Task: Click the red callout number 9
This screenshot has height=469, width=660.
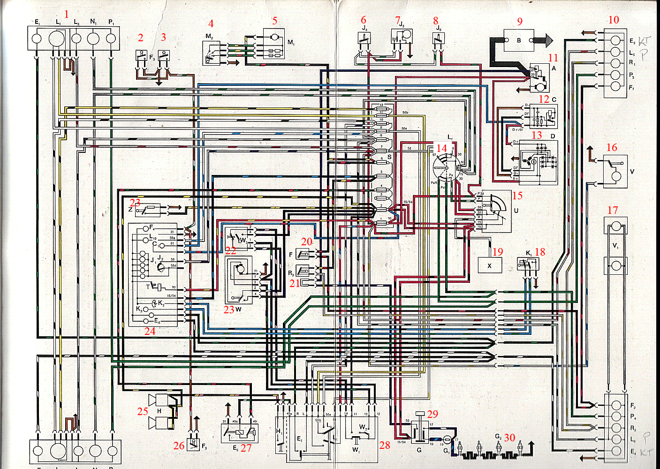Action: (520, 22)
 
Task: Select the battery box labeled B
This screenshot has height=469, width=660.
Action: (519, 41)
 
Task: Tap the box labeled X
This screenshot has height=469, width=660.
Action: (490, 265)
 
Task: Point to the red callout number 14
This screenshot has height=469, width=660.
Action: (442, 148)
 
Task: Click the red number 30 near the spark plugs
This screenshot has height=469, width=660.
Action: (509, 438)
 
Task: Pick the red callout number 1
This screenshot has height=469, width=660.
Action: (66, 15)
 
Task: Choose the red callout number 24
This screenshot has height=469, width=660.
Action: (150, 331)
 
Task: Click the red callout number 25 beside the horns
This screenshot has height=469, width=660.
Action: (143, 411)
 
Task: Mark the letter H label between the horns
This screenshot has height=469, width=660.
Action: (159, 411)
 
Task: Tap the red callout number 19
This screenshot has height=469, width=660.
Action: (498, 252)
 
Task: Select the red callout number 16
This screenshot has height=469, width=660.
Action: (612, 147)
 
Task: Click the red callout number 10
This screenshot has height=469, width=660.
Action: (614, 20)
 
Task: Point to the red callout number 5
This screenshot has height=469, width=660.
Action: (275, 21)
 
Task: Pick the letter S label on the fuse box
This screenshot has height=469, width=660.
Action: (389, 157)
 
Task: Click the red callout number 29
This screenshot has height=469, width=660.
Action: (432, 414)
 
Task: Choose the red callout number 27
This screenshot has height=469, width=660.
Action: (246, 448)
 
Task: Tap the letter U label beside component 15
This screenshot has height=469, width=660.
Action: (516, 211)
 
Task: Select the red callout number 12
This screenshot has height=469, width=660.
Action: (544, 99)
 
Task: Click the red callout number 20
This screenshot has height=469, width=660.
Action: (307, 242)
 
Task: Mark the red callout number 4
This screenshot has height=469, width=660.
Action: (211, 23)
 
